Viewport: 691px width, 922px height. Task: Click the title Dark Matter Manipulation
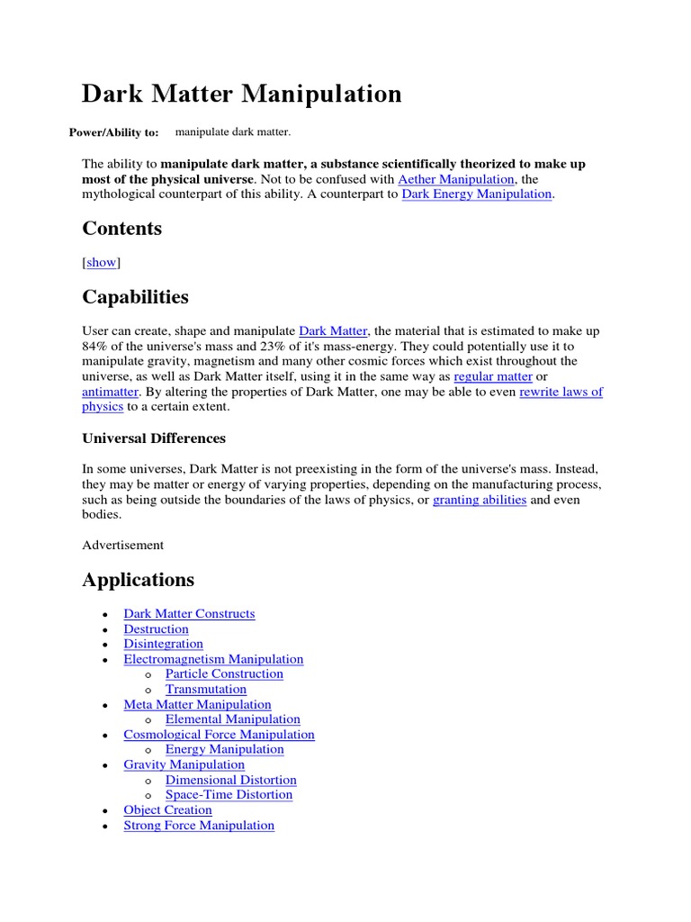[x=242, y=94]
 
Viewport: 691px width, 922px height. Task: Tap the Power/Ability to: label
[x=113, y=133]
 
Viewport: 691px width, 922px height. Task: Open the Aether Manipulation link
[x=456, y=179]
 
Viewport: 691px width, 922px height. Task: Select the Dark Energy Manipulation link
[x=476, y=194]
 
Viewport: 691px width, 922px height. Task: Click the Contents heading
[x=122, y=229]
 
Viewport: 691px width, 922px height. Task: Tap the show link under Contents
[x=102, y=262]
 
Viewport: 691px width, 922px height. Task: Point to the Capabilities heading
[x=135, y=296]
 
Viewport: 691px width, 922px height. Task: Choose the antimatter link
[x=111, y=392]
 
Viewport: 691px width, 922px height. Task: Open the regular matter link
[x=493, y=376]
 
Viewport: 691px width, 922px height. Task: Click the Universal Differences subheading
[x=154, y=438]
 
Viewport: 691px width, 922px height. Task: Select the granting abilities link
[x=480, y=500]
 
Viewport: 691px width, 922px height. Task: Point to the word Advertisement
[x=123, y=545]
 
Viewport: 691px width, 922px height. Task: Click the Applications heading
[x=138, y=579]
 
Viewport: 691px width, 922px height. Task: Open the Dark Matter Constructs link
[x=189, y=614]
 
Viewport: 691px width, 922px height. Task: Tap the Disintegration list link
[x=163, y=644]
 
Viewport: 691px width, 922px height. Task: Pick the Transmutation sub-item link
[x=206, y=690]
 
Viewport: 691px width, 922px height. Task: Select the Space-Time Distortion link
[x=229, y=795]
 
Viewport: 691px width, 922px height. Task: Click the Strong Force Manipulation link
[x=199, y=826]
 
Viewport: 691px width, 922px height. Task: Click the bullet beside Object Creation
[x=105, y=811]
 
